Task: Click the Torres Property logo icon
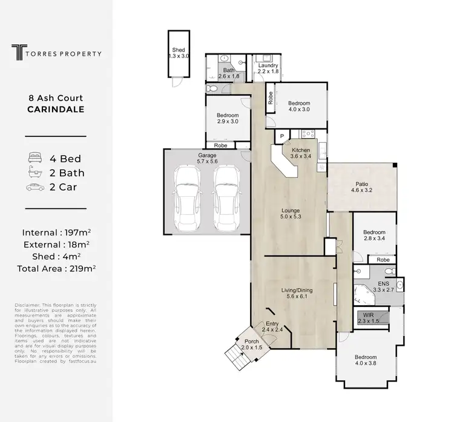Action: click(19, 53)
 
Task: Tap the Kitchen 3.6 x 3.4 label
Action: click(301, 154)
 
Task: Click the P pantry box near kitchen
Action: click(281, 136)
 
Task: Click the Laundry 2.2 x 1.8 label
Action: click(267, 68)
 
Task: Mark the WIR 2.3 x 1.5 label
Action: click(369, 318)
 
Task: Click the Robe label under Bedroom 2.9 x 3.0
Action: click(220, 145)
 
